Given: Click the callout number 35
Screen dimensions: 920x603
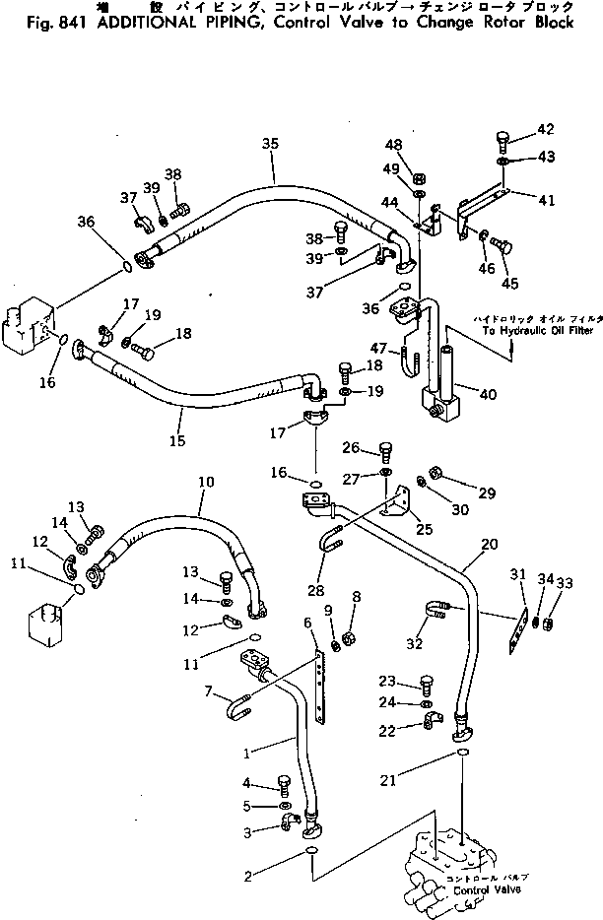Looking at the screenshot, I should coord(270,144).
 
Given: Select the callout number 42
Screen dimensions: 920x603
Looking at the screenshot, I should coord(545,130).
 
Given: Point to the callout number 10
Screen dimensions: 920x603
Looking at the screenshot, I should coord(205,483).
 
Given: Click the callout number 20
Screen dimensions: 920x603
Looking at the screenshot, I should coord(489,544).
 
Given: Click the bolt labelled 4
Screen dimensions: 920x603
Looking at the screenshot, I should coord(284,786).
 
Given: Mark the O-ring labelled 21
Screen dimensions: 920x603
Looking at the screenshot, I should coord(461,755).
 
